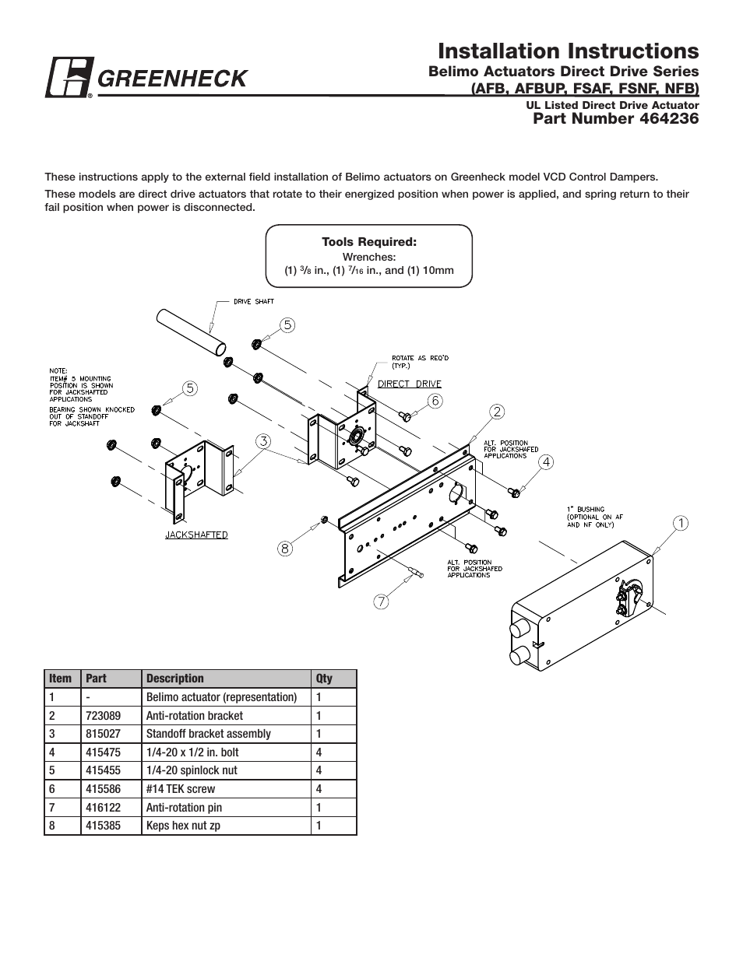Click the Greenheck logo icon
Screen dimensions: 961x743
tap(69, 78)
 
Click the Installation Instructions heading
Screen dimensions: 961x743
tap(568, 51)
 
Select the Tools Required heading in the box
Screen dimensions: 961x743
tap(369, 242)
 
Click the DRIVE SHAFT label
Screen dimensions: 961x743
tap(254, 301)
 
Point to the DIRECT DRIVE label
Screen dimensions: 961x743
tap(409, 384)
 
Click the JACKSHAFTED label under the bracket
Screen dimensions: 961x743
tap(196, 535)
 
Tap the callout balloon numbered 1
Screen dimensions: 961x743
tap(679, 523)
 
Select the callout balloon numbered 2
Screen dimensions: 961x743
tap(496, 411)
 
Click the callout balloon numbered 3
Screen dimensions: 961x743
tap(264, 440)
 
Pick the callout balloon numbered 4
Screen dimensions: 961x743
tap(546, 461)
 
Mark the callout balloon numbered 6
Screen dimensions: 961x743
tap(435, 400)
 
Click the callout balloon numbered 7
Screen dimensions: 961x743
tap(381, 601)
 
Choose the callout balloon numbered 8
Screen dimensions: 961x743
tap(285, 549)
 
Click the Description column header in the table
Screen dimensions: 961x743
tap(175, 679)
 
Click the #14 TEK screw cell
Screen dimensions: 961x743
tap(181, 789)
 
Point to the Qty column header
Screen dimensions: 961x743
tap(324, 679)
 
